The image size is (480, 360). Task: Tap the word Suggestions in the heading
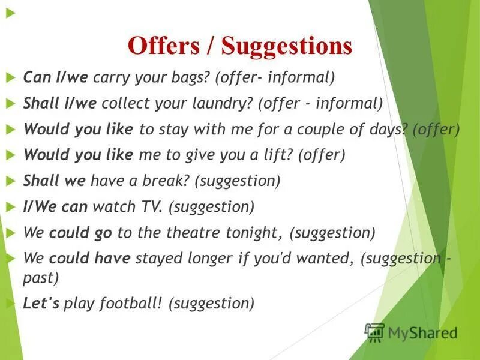click(286, 46)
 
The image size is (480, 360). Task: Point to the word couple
click(328, 129)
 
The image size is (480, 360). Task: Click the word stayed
click(157, 259)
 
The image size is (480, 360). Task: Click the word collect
click(124, 103)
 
